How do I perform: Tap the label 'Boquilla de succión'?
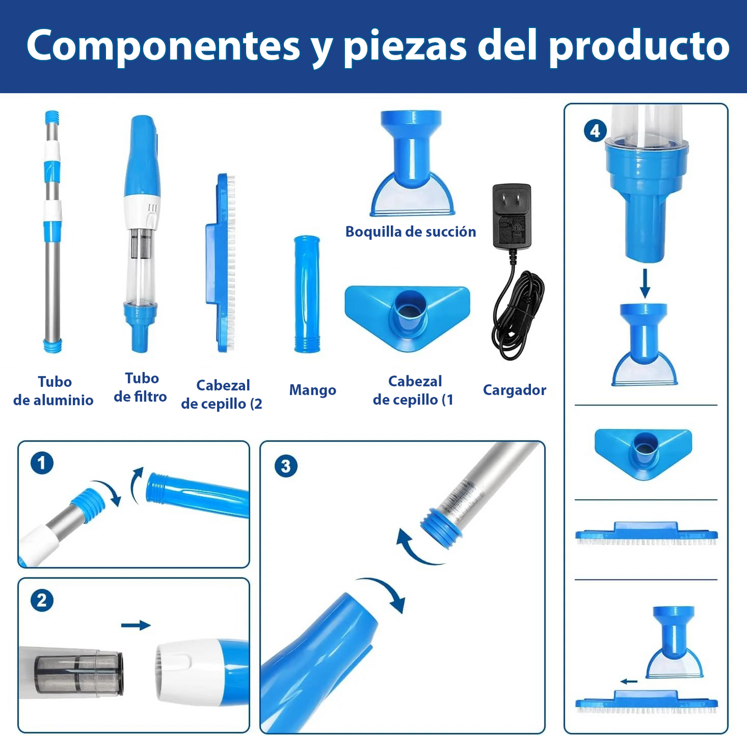pos(410,231)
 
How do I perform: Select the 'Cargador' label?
pos(514,390)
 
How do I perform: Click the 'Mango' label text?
pos(312,390)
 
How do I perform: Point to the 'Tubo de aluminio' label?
pos(54,390)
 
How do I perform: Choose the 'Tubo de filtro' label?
pos(141,387)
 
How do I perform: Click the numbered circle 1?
pos(42,463)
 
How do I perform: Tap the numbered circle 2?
pos(42,600)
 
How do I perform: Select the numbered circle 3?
pos(286,466)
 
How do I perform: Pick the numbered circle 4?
pos(595,131)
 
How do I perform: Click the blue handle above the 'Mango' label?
pos(307,294)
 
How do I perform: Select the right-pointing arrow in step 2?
pos(135,625)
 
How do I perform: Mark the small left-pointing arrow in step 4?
pos(629,681)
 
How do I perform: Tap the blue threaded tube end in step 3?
pos(440,527)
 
